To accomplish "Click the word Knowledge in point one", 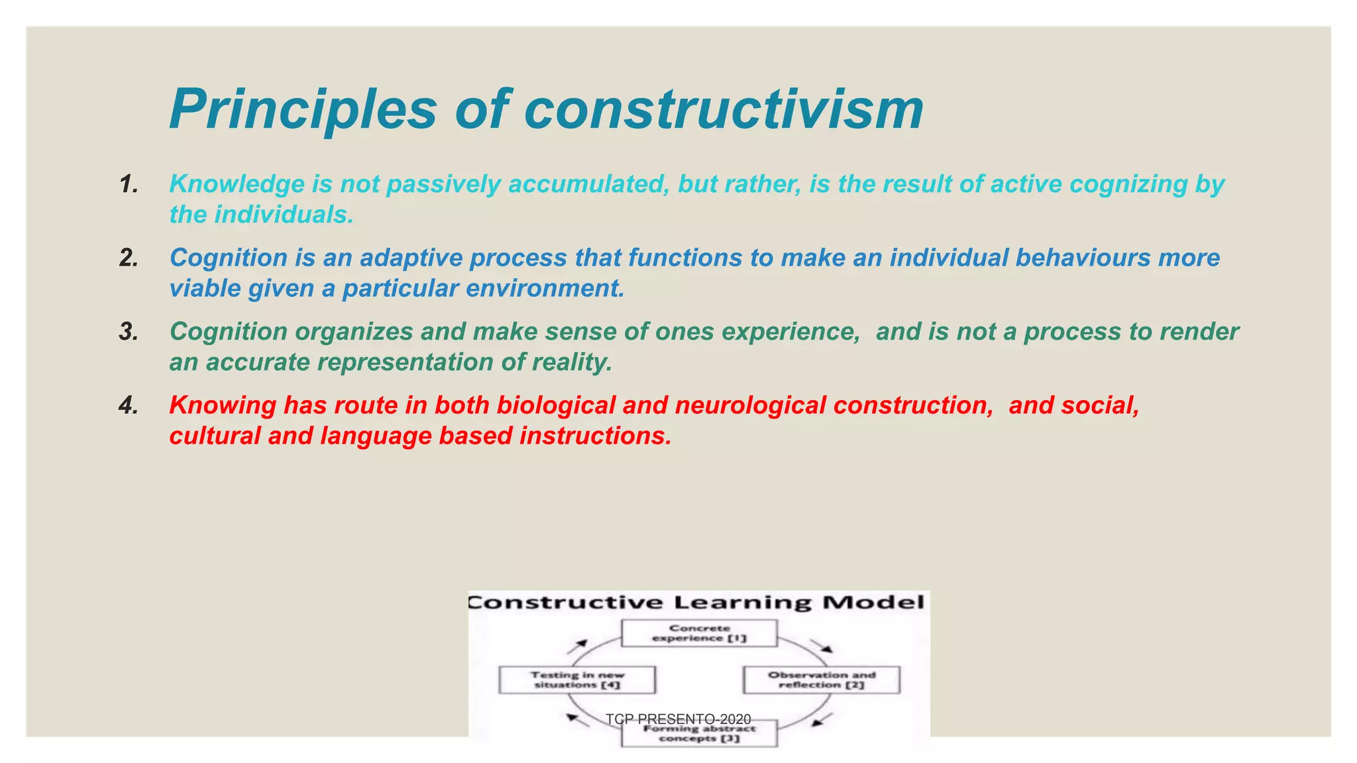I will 237,184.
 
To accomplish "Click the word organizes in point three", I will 354,331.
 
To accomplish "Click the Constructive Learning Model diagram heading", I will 697,602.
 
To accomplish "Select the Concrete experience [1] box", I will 699,633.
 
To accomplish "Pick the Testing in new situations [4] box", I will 577,680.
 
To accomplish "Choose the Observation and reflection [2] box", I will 822,680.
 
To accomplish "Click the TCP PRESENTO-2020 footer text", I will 678,719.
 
